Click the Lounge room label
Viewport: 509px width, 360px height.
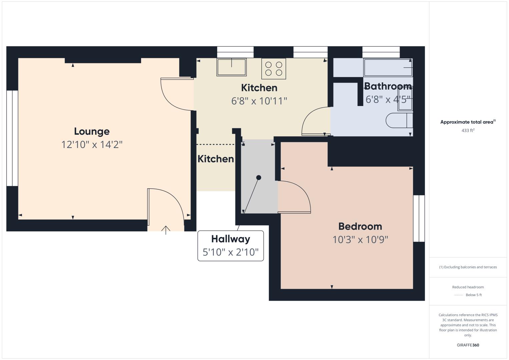pyautogui.click(x=92, y=132)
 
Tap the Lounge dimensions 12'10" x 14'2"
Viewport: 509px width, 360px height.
pyautogui.click(x=92, y=145)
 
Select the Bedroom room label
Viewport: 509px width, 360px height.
pyautogui.click(x=360, y=226)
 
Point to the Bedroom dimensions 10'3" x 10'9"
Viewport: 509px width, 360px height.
pyautogui.click(x=360, y=240)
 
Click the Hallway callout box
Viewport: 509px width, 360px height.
pyautogui.click(x=230, y=246)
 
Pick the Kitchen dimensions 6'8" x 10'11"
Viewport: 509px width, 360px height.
pyautogui.click(x=259, y=101)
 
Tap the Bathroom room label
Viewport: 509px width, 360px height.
pyautogui.click(x=388, y=86)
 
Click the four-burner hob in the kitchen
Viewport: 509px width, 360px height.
pyautogui.click(x=274, y=69)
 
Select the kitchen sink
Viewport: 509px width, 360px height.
pyautogui.click(x=231, y=67)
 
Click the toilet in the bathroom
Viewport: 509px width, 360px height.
pyautogui.click(x=399, y=120)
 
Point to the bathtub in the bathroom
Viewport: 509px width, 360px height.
pyautogui.click(x=388, y=67)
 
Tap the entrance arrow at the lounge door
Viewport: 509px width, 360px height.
pyautogui.click(x=166, y=230)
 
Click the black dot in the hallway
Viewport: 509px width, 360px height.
pyautogui.click(x=259, y=178)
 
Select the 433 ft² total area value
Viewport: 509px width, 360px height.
pyautogui.click(x=468, y=130)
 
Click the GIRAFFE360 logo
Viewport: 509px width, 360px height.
pyautogui.click(x=468, y=345)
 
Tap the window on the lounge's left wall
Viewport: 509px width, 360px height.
pyautogui.click(x=12, y=138)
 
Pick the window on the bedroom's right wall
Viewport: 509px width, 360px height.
pyautogui.click(x=419, y=218)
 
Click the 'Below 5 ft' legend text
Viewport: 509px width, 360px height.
pyautogui.click(x=474, y=295)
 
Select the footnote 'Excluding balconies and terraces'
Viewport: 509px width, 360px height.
pyautogui.click(x=468, y=267)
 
